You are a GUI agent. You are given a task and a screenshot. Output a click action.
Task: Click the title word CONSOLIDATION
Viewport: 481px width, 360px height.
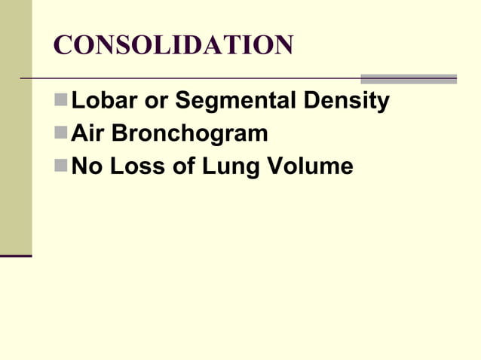173,46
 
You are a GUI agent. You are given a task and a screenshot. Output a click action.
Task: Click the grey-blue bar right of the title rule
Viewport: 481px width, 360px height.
408,78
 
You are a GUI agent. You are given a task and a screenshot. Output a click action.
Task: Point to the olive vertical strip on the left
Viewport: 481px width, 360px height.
16,128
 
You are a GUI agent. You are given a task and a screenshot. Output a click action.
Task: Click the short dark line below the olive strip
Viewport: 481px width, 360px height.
16,256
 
